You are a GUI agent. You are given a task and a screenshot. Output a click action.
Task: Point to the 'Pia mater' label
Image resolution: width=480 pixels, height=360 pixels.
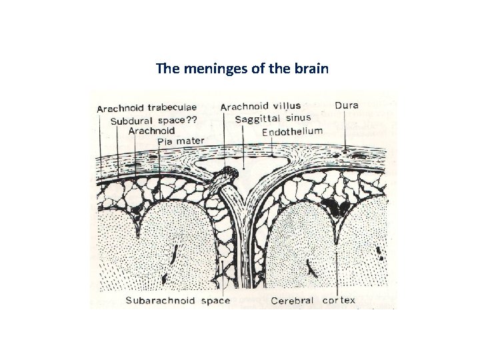(181, 141)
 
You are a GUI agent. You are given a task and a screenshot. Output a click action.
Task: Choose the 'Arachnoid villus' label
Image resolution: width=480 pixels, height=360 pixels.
(260, 106)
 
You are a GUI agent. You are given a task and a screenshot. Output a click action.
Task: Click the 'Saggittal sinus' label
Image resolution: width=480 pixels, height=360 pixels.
(273, 118)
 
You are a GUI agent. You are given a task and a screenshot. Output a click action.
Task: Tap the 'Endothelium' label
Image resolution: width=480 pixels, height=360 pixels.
(292, 132)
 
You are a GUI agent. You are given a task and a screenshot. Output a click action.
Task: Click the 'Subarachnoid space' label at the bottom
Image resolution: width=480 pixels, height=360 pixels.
(178, 301)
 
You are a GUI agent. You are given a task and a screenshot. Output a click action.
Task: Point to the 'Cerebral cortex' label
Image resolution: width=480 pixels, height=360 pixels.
(313, 301)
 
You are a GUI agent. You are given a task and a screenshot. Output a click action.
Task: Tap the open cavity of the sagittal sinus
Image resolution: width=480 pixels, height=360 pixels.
(253, 159)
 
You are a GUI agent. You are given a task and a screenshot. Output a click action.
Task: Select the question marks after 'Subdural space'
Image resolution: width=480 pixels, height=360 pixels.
(192, 120)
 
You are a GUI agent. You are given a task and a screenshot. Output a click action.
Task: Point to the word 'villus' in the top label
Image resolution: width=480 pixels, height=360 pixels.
(287, 106)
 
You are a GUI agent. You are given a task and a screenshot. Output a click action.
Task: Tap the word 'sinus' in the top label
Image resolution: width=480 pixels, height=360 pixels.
(298, 118)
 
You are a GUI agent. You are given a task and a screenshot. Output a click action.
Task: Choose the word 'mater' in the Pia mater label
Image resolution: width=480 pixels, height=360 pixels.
(191, 141)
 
